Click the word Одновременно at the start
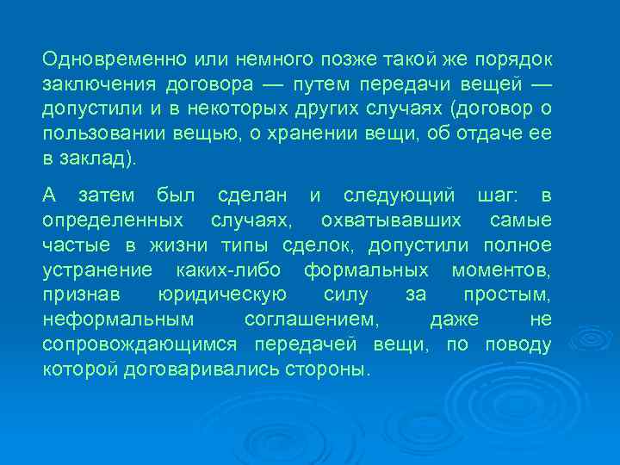click(x=97, y=61)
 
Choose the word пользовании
click(x=94, y=136)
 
